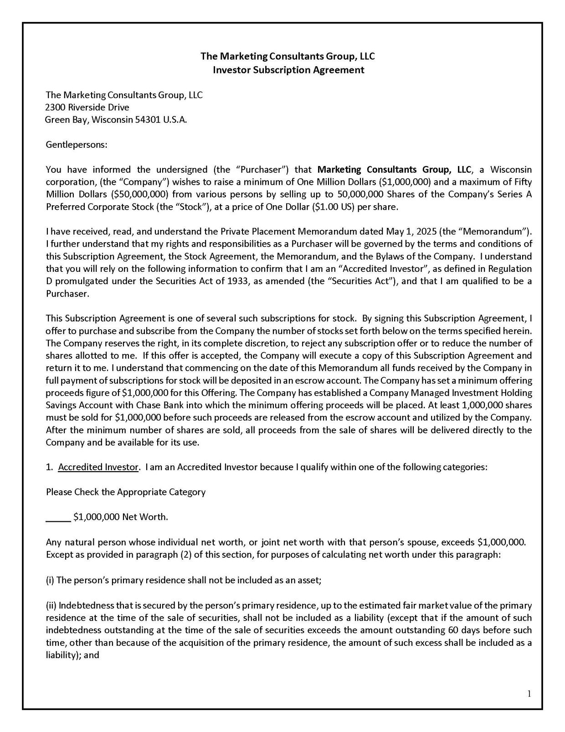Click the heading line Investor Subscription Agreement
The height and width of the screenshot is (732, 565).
[x=288, y=70]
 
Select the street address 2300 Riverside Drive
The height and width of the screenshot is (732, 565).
[x=87, y=108]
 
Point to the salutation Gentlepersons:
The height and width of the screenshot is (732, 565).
[x=77, y=145]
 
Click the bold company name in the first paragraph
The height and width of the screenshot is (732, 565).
[x=394, y=170]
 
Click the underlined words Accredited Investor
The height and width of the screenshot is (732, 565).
[x=98, y=467]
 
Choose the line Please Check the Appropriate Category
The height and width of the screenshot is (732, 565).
[x=126, y=492]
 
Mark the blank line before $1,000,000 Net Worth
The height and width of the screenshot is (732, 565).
[x=58, y=518]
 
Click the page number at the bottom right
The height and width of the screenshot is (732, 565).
[x=529, y=694]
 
